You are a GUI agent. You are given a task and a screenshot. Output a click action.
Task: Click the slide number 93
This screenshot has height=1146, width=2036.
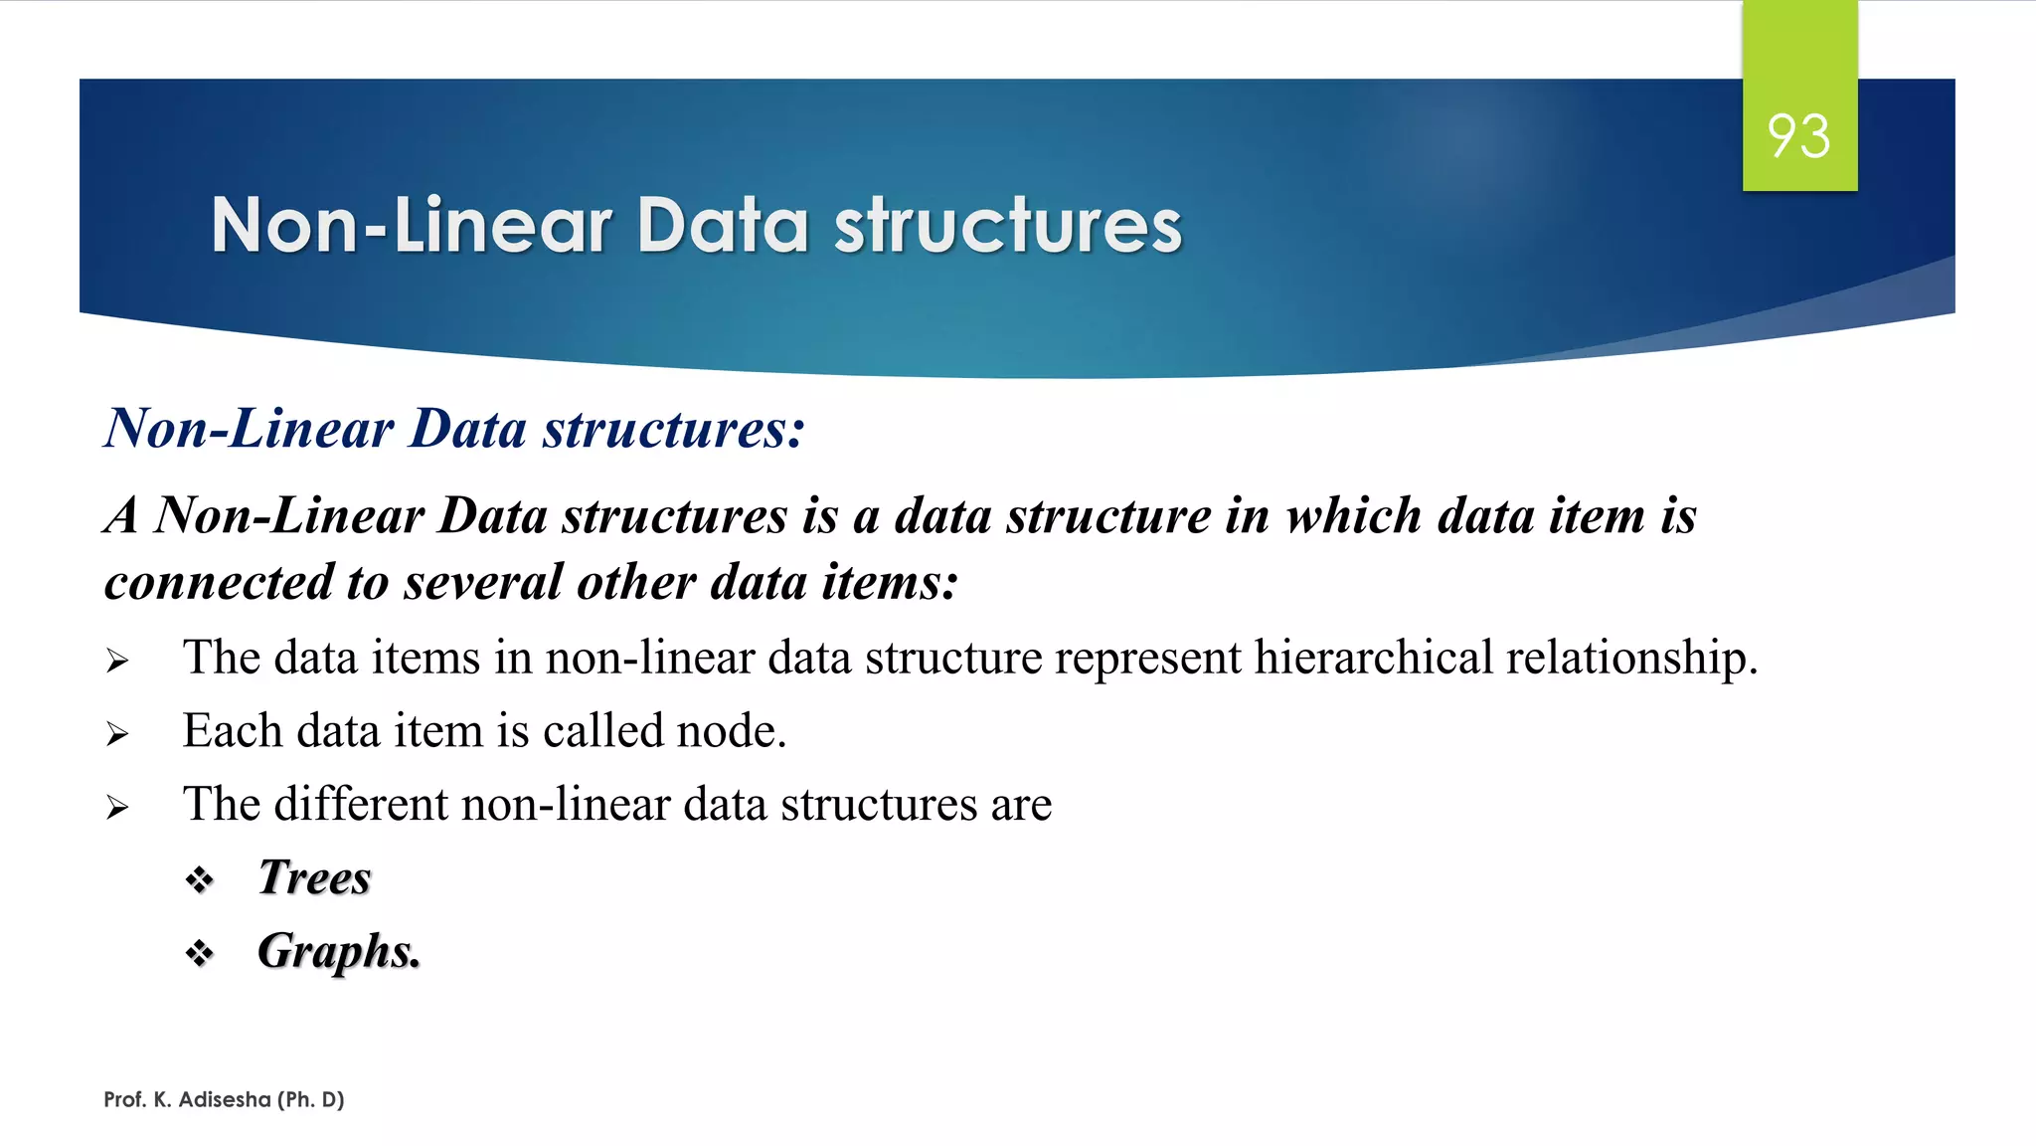(1798, 136)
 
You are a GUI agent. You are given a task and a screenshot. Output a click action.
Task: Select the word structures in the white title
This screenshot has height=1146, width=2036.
(1008, 226)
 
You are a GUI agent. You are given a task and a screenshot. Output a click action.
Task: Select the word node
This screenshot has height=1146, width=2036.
(730, 732)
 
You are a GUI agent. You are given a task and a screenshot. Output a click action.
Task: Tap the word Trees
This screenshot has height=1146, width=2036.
(314, 877)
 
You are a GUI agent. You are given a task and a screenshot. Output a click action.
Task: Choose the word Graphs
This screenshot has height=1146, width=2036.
(337, 952)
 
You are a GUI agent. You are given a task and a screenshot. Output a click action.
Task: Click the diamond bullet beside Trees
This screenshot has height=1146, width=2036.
(200, 880)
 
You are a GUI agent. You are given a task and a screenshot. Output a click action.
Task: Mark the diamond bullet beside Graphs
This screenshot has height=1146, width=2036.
(200, 954)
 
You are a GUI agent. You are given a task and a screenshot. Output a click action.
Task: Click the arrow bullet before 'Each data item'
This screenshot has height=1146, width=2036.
(117, 735)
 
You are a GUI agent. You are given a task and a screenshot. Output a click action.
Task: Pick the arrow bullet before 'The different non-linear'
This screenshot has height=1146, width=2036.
(117, 808)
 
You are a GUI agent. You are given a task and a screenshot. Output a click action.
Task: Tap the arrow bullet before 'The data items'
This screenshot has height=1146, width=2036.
(117, 662)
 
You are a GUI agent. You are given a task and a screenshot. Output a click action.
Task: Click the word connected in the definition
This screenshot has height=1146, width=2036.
(219, 582)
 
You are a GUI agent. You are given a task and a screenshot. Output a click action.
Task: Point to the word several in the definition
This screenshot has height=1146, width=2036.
(483, 582)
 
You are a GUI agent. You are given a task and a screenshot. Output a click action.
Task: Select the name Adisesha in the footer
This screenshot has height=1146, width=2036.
(225, 1099)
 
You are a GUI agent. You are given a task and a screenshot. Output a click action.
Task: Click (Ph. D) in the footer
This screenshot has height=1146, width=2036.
(311, 1099)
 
